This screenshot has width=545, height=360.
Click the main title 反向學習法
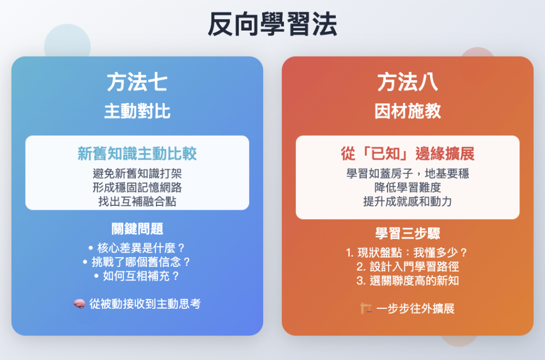pyautogui.click(x=272, y=25)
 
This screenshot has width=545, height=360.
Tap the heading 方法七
pyautogui.click(x=137, y=82)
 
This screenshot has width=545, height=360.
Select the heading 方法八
pyautogui.click(x=408, y=82)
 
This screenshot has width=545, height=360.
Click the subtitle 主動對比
pyautogui.click(x=137, y=111)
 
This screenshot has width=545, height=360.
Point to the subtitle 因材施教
pyautogui.click(x=408, y=111)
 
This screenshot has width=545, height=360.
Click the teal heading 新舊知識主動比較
pyautogui.click(x=137, y=154)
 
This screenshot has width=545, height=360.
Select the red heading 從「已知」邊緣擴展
pyautogui.click(x=408, y=154)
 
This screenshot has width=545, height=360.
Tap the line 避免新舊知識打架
pyautogui.click(x=137, y=173)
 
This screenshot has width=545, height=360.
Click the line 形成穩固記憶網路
pyautogui.click(x=137, y=188)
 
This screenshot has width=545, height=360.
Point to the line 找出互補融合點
pyautogui.click(x=137, y=202)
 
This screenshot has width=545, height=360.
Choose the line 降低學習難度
pyautogui.click(x=408, y=188)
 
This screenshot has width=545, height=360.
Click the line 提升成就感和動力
pyautogui.click(x=408, y=202)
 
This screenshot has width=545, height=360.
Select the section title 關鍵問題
pyautogui.click(x=137, y=229)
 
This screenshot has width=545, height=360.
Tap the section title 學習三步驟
pyautogui.click(x=408, y=233)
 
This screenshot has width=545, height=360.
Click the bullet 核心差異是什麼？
pyautogui.click(x=137, y=248)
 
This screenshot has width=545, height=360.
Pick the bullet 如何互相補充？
pyautogui.click(x=137, y=276)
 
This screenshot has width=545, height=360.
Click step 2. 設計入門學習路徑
pyautogui.click(x=408, y=266)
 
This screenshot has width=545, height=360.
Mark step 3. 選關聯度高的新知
pyautogui.click(x=408, y=280)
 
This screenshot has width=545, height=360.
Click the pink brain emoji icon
pyautogui.click(x=80, y=304)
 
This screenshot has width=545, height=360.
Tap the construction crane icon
pyautogui.click(x=366, y=308)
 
